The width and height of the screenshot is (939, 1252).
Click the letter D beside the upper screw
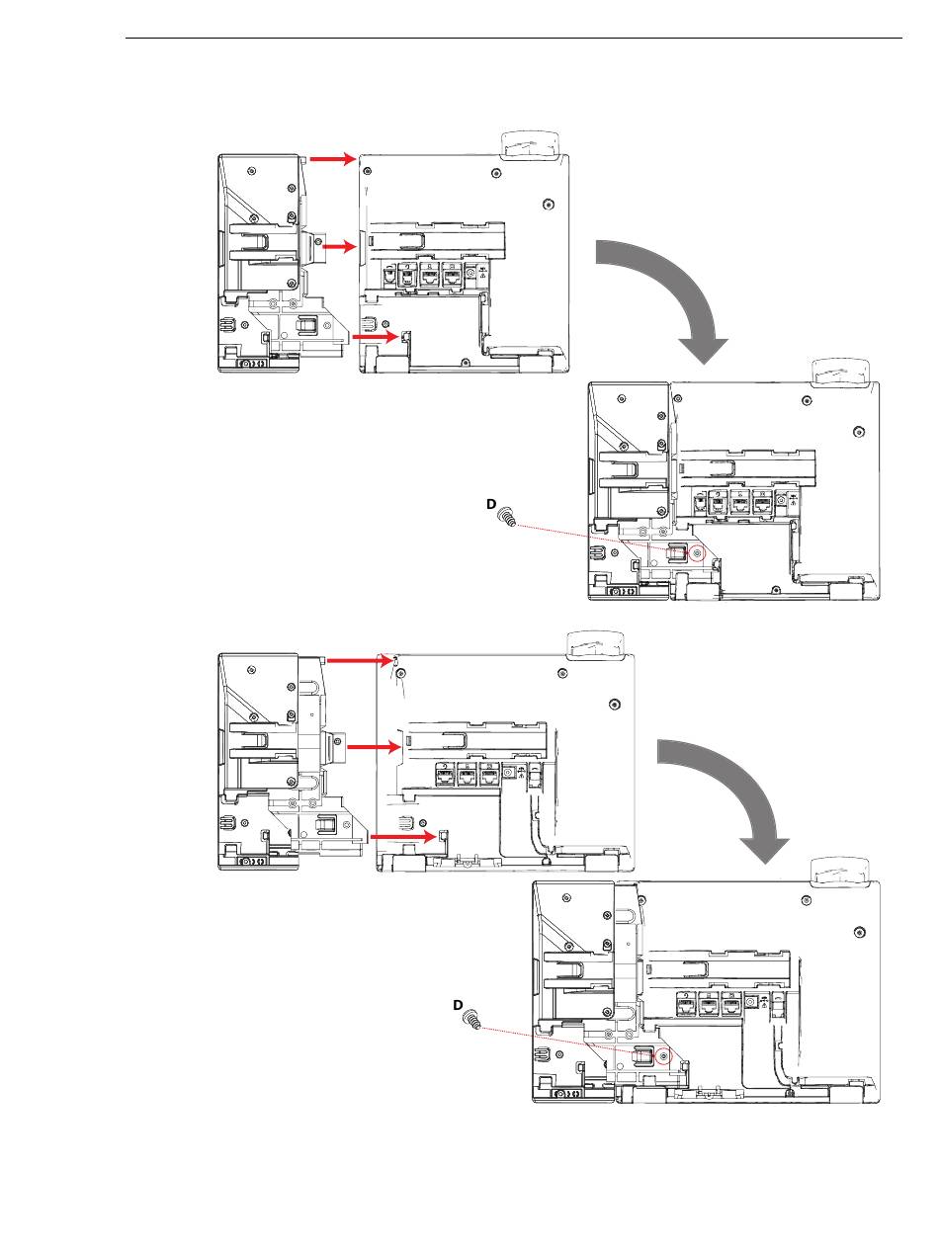point(491,504)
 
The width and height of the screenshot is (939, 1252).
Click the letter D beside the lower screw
point(458,1005)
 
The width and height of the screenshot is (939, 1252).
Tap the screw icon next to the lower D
point(472,1018)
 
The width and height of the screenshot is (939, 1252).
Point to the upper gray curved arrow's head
point(704,350)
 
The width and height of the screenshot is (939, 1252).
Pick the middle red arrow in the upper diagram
point(339,247)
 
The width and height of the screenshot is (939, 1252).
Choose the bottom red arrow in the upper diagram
point(376,337)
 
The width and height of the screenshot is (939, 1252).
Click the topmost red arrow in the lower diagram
point(359,660)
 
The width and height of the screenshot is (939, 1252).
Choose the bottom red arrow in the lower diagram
point(404,837)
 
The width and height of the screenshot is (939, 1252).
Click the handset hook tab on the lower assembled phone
point(840,871)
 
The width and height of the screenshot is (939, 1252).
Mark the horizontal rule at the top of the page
point(514,39)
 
